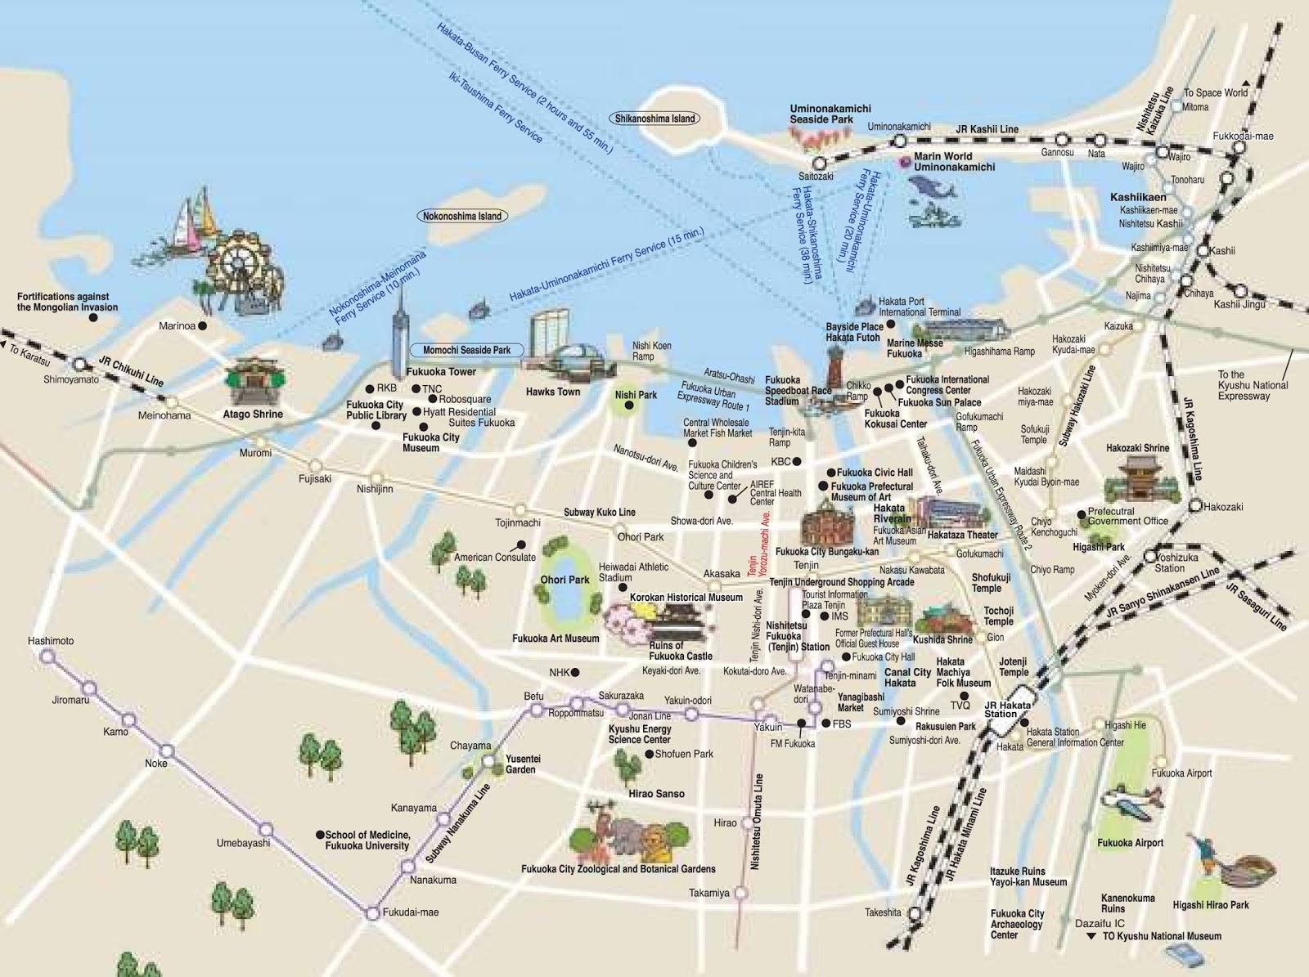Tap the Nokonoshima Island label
click(x=461, y=217)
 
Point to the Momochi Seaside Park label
click(x=466, y=350)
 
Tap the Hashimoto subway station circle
click(x=48, y=656)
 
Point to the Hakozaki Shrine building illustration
click(x=1138, y=477)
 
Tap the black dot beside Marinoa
click(x=203, y=325)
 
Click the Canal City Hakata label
click(x=907, y=678)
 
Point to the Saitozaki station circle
click(x=819, y=164)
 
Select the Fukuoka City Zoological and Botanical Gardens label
click(x=618, y=869)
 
